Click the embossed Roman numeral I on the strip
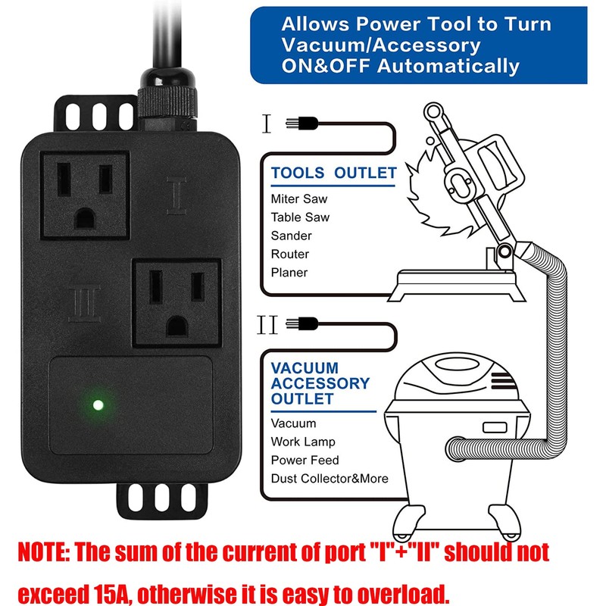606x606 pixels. [x=176, y=195]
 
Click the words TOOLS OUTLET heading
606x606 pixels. [x=333, y=173]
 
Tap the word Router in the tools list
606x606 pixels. [x=290, y=254]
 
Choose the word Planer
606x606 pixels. [x=289, y=272]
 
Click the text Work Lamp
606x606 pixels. [x=303, y=442]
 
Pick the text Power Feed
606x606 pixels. [x=305, y=460]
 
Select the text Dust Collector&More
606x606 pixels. [x=330, y=478]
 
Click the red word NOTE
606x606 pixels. [x=43, y=551]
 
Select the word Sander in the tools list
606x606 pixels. [x=291, y=236]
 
